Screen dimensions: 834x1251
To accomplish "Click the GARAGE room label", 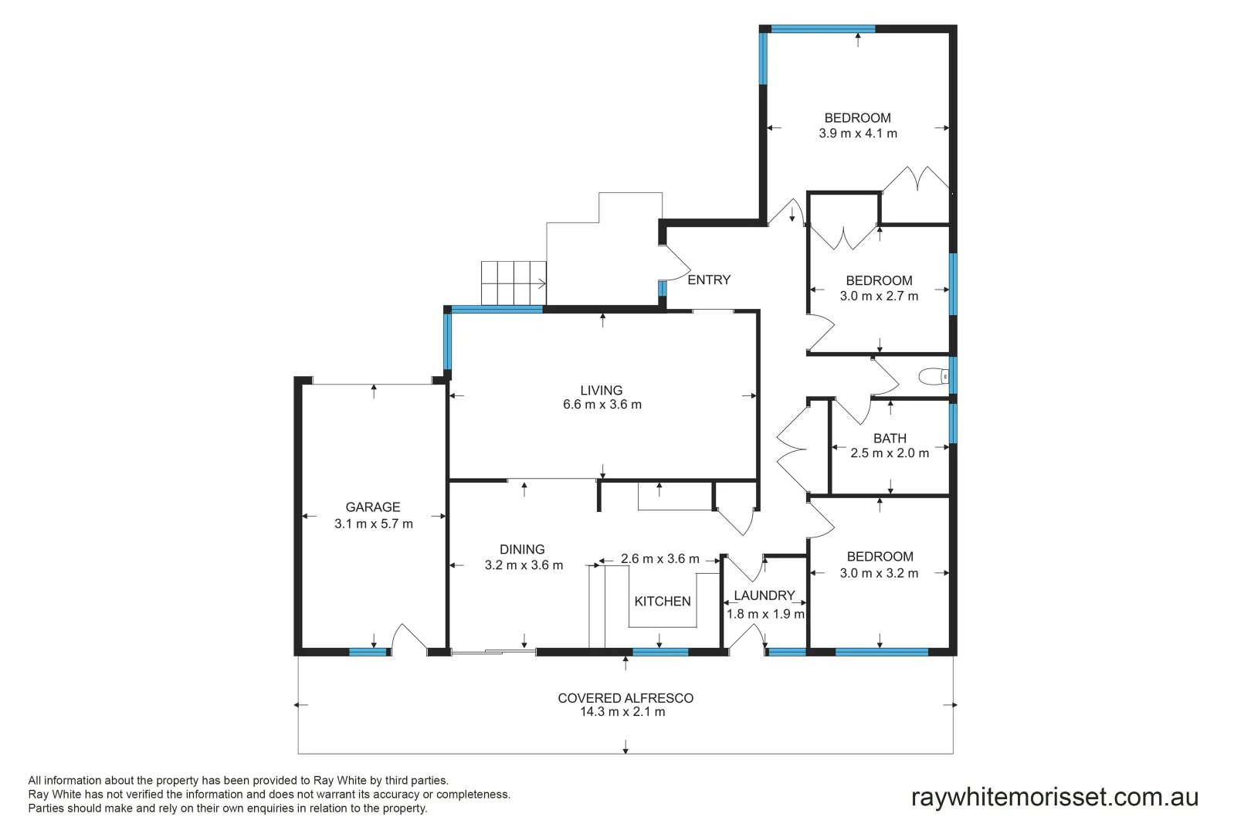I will point(373,507).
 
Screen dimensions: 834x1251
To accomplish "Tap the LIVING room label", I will point(602,391).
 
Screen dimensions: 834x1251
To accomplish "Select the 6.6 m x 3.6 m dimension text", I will point(602,405).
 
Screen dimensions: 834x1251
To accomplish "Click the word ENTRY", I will point(709,280).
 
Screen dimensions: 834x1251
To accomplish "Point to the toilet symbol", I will point(934,377).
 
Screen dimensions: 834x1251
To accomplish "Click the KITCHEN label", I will point(663,602).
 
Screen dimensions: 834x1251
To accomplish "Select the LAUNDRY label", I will point(764,595).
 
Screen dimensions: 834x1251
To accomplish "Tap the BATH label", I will point(890,439).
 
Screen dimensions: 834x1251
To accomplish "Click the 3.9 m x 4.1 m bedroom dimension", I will point(858,134).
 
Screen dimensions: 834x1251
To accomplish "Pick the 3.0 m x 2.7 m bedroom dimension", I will point(879,297).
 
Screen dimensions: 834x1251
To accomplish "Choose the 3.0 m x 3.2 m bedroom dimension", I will point(879,574).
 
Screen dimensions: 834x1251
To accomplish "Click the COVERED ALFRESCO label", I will point(625,698).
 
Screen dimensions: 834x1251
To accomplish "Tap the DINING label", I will point(522,550).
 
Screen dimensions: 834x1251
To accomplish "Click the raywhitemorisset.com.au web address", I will point(1054,797).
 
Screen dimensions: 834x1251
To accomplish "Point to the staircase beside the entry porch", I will point(514,283).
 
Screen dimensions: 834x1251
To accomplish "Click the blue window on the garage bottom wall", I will point(368,653).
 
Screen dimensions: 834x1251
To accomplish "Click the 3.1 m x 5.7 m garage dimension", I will point(374,524).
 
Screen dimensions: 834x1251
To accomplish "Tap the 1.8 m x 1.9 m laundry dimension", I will point(765,615).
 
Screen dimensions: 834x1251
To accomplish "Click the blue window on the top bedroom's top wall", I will point(822,29).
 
